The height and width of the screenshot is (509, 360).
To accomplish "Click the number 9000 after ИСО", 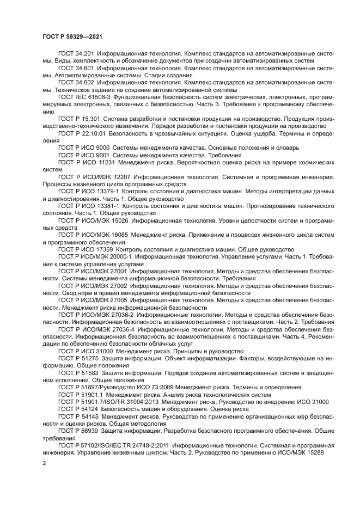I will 101,148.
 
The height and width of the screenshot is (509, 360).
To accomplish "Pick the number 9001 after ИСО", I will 101,155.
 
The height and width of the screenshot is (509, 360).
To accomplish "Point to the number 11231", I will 104,162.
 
